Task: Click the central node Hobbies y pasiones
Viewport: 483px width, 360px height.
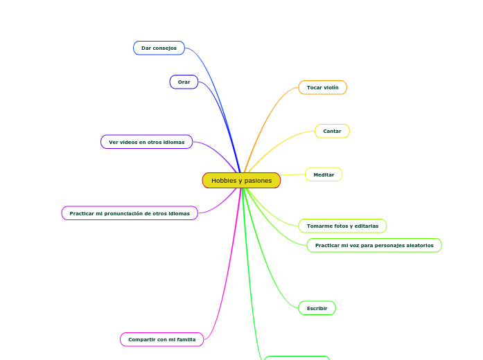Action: tap(241, 181)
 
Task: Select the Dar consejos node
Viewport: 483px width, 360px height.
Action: tap(159, 48)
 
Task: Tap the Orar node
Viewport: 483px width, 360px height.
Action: tap(184, 82)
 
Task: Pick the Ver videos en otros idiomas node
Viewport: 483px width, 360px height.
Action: tap(146, 142)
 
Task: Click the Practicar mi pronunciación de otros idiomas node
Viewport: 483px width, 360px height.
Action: tap(129, 213)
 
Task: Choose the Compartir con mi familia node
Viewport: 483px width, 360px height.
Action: tap(161, 339)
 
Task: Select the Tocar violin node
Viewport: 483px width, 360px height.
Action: tap(322, 87)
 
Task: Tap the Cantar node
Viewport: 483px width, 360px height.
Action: tap(332, 131)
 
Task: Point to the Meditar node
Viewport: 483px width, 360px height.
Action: tap(324, 174)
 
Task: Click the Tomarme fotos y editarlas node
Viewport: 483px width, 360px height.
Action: tap(342, 226)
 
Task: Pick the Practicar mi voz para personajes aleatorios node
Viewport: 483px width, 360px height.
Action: tap(374, 245)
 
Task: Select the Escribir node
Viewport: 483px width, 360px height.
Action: tap(317, 308)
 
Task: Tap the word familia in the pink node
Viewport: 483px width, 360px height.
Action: tap(183, 339)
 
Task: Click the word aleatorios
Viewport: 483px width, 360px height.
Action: tap(416, 245)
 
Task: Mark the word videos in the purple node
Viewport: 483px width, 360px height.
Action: tap(132, 142)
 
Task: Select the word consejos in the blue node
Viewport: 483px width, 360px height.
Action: tap(165, 48)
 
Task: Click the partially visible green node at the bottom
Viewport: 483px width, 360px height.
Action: tap(297, 358)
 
